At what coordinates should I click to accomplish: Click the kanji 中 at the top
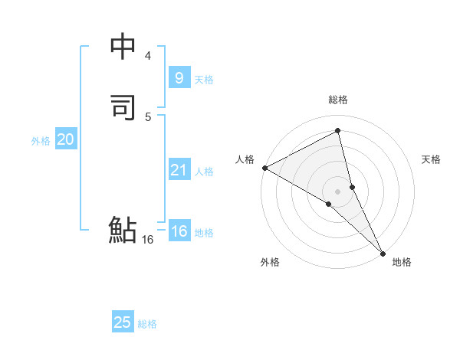(x=123, y=47)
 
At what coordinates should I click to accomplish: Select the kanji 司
(x=123, y=108)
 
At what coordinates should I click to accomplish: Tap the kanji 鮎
(x=123, y=230)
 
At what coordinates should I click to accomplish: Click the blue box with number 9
(x=179, y=77)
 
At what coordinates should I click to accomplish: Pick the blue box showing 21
(x=179, y=170)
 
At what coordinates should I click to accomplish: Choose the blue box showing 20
(x=66, y=139)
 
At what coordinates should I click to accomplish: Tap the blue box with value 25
(x=123, y=322)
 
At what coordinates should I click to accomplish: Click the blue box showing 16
(x=179, y=231)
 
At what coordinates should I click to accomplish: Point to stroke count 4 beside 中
(x=148, y=56)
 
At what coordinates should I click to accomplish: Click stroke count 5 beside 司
(x=148, y=116)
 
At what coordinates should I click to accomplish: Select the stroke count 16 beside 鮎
(x=147, y=240)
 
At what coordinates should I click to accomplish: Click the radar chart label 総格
(x=338, y=100)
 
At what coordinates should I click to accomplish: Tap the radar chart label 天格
(x=431, y=159)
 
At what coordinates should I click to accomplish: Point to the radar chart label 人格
(x=245, y=159)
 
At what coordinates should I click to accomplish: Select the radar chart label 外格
(x=269, y=262)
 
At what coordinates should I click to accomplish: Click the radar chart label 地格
(x=402, y=262)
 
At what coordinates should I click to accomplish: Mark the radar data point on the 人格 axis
(x=264, y=168)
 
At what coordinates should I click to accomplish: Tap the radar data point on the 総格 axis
(x=338, y=131)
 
